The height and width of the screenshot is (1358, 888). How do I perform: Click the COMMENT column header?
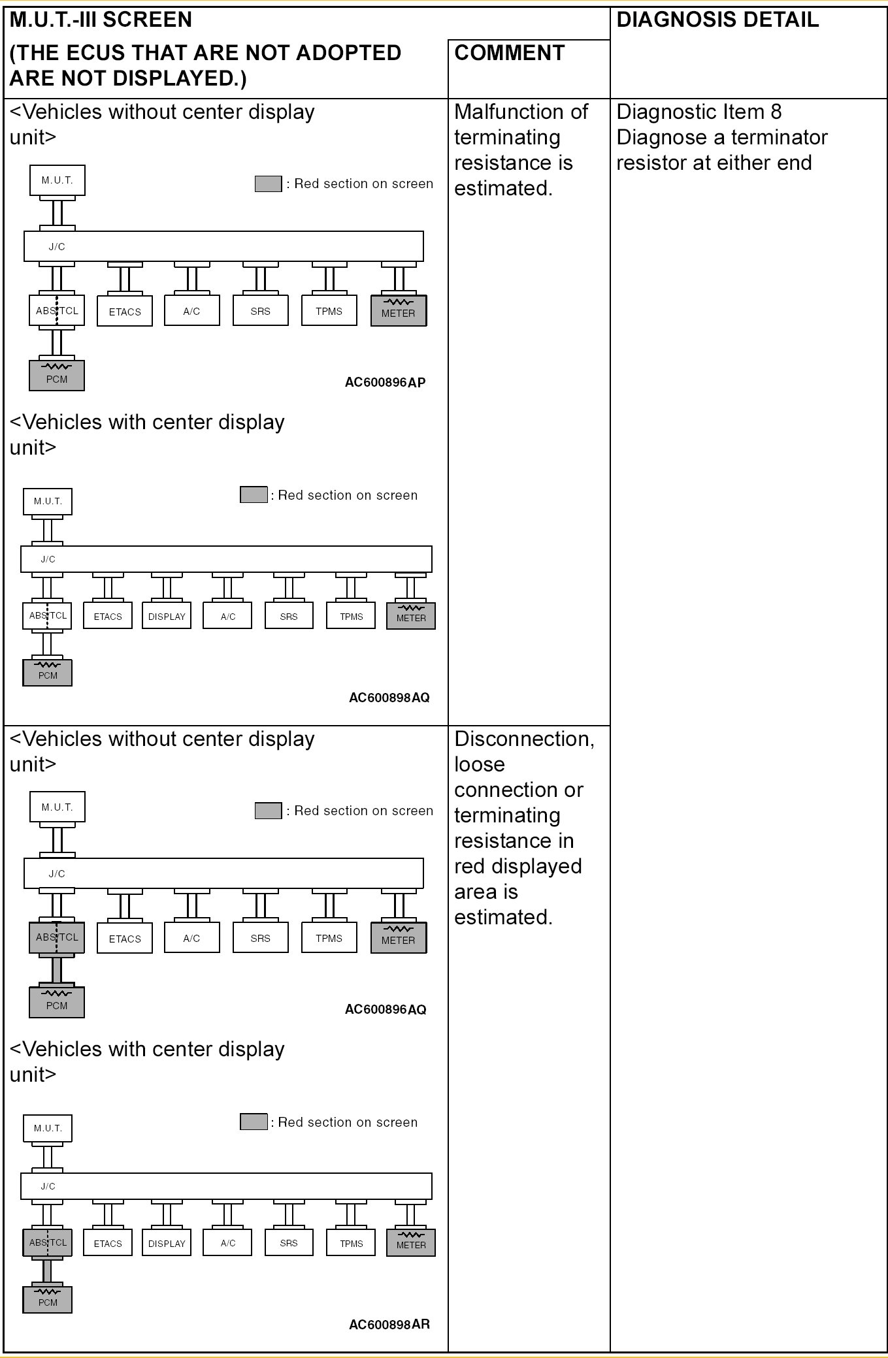click(509, 53)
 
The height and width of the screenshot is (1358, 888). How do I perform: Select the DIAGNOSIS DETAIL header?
click(717, 20)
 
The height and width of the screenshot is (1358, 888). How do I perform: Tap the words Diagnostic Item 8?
click(699, 112)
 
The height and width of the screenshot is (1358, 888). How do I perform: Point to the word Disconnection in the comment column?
click(524, 739)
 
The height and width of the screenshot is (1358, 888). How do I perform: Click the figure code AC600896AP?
click(385, 382)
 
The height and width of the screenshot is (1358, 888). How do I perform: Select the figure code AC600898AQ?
click(389, 698)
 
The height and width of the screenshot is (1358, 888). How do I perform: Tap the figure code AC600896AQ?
click(385, 1009)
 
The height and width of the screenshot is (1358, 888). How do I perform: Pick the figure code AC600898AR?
click(389, 1325)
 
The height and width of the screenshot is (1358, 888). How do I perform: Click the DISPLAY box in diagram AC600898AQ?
click(167, 616)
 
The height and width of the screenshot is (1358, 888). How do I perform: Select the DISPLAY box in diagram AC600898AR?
click(167, 1243)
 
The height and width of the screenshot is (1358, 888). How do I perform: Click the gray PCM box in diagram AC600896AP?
click(57, 376)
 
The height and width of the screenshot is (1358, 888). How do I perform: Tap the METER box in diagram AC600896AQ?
click(398, 938)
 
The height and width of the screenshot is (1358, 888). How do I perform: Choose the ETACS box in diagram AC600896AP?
click(125, 312)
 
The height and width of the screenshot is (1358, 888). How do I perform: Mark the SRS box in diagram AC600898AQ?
click(289, 616)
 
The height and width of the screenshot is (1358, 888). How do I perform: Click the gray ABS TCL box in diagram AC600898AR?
click(48, 1242)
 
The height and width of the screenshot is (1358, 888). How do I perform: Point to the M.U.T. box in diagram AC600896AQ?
click(57, 807)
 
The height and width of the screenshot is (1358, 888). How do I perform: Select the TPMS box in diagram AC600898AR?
click(351, 1243)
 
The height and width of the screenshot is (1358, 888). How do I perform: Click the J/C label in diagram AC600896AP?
click(57, 246)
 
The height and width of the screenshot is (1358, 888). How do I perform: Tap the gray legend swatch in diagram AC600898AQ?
click(254, 494)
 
